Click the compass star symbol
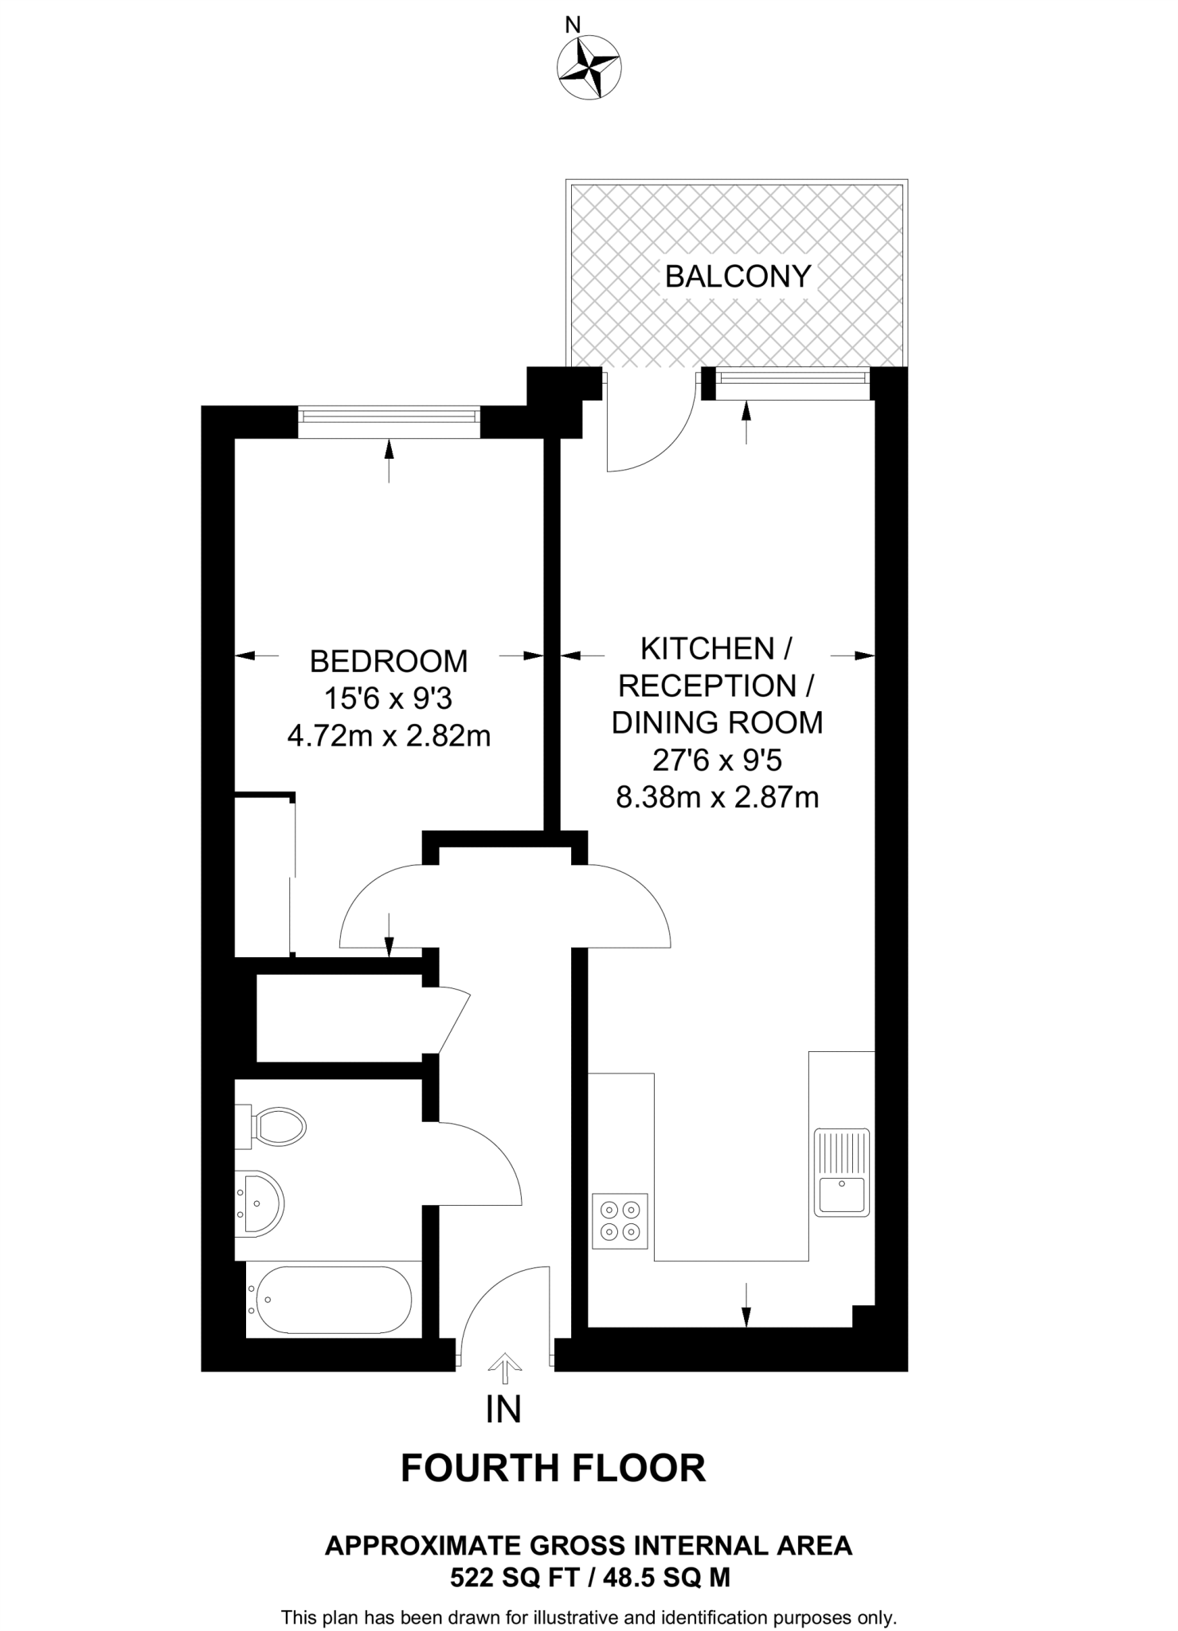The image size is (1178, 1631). (x=590, y=69)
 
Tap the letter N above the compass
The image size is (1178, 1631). (x=572, y=25)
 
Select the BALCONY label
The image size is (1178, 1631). (x=738, y=276)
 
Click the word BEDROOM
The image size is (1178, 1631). (x=389, y=661)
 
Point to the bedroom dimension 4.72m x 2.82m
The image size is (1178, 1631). (x=389, y=736)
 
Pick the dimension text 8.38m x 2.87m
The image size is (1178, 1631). (x=717, y=796)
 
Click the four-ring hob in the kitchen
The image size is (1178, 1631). (x=620, y=1221)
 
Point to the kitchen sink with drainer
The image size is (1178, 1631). (x=842, y=1171)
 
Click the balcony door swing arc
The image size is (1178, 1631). (x=666, y=446)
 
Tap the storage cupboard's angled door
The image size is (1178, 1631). (x=454, y=1022)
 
